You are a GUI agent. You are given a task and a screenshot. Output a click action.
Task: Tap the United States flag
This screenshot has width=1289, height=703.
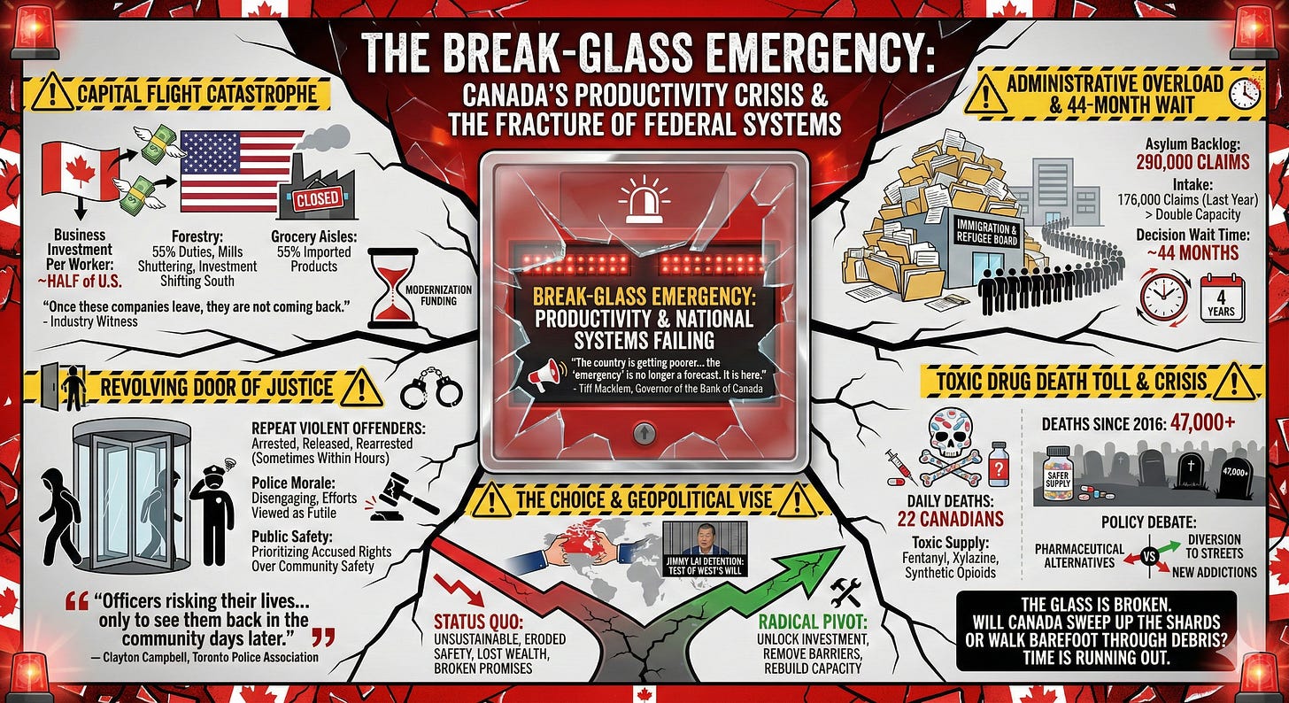[241, 171]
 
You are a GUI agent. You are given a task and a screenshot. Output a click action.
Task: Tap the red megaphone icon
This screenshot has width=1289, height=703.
[543, 378]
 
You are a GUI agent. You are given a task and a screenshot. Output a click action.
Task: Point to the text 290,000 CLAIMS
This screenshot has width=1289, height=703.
[1193, 161]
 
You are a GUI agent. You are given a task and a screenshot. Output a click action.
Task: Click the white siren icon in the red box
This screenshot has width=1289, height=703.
[644, 199]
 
